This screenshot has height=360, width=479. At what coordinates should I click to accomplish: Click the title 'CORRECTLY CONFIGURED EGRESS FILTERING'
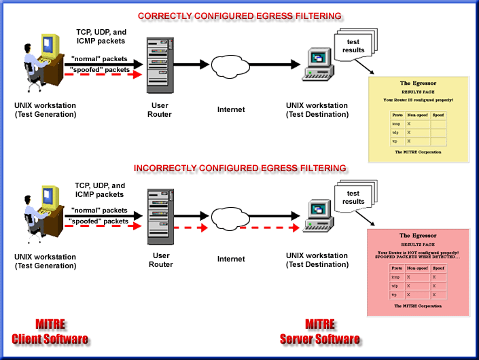[x=239, y=15]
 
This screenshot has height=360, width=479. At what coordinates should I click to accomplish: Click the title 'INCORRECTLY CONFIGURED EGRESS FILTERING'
[x=240, y=168]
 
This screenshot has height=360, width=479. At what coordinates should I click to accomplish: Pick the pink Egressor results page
[x=418, y=272]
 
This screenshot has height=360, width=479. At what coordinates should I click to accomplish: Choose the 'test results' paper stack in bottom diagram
[x=355, y=198]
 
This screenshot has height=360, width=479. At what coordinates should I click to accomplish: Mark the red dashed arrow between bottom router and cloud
[x=190, y=228]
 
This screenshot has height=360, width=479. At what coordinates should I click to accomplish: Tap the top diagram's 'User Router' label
[x=161, y=110]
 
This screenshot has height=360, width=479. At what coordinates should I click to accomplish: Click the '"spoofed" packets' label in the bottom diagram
[x=99, y=221]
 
